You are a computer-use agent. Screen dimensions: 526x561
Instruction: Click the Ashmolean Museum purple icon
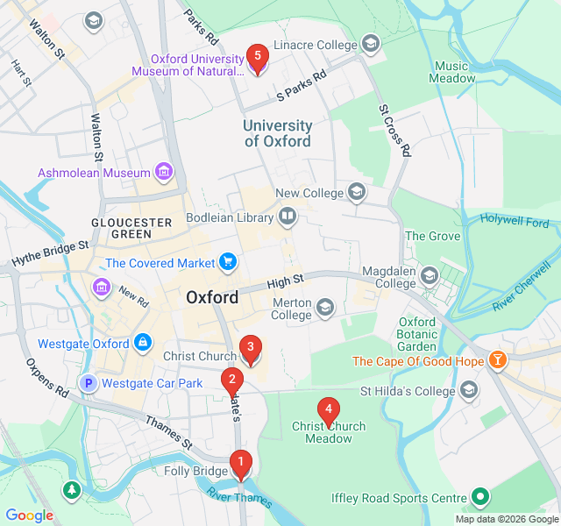pos(163,172)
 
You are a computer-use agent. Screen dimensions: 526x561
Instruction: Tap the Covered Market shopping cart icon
pos(228,262)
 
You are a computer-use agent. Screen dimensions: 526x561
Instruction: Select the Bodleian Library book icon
pos(288,216)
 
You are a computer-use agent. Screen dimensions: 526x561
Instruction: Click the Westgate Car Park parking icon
pos(88,383)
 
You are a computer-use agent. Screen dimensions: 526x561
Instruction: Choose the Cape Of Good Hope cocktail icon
pos(498,360)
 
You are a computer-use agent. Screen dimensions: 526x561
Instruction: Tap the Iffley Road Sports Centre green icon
pos(479,497)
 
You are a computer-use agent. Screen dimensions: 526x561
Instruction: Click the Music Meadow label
pos(451,72)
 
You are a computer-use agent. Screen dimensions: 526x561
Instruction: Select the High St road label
pos(285,281)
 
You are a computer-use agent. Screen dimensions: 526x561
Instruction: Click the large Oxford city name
pos(212,298)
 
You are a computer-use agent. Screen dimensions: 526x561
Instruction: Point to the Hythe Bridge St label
pos(50,255)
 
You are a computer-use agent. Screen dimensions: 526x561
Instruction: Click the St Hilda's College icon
pos(469,389)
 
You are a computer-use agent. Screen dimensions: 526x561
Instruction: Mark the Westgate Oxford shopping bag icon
pos(141,343)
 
